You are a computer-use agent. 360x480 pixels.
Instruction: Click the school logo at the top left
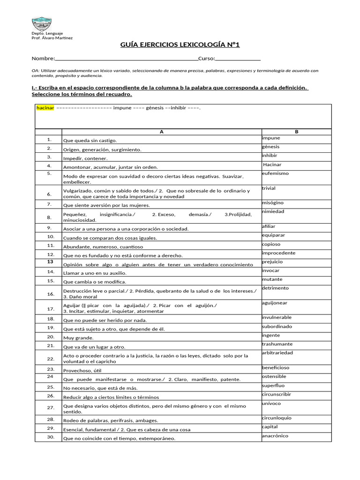[42, 24]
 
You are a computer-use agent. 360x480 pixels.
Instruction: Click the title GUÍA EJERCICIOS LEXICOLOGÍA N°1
[180, 45]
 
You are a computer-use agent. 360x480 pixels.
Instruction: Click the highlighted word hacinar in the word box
[45, 108]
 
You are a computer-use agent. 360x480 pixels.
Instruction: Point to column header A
[162, 132]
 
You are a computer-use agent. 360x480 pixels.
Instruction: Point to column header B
[296, 132]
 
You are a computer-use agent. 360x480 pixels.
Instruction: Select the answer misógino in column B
[273, 203]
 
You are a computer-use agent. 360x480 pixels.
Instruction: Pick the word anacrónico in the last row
[275, 436]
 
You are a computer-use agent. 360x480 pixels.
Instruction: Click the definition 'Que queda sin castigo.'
[90, 141]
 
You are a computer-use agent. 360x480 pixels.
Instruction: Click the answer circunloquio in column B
[277, 418]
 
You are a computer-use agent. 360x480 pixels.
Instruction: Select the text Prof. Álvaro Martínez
[52, 38]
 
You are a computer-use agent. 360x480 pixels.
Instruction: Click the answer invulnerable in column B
[277, 317]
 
